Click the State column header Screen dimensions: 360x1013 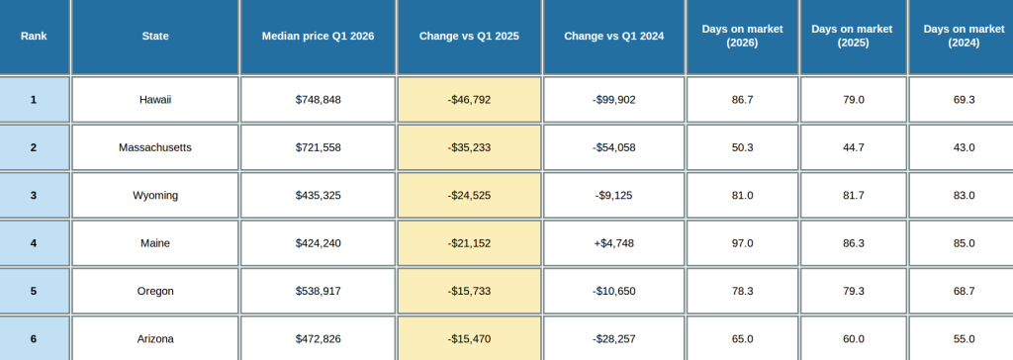(155, 37)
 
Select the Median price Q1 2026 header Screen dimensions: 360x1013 (318, 37)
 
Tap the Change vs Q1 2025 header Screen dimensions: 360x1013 (469, 37)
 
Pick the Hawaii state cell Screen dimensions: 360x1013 (155, 100)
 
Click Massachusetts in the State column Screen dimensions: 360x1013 (155, 147)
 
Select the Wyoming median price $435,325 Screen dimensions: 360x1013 (318, 196)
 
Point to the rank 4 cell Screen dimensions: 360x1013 (34, 243)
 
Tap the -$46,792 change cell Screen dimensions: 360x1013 (469, 100)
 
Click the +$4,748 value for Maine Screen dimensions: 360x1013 (613, 243)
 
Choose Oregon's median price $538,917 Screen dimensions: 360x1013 (318, 291)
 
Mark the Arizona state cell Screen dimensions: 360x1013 (155, 339)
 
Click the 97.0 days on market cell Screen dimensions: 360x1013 (742, 243)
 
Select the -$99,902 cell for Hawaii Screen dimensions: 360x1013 (613, 100)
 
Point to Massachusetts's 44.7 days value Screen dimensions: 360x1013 (853, 147)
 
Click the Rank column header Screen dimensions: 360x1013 (34, 37)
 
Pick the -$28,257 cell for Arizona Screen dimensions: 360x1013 (613, 339)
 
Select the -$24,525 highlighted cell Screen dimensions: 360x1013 (469, 196)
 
